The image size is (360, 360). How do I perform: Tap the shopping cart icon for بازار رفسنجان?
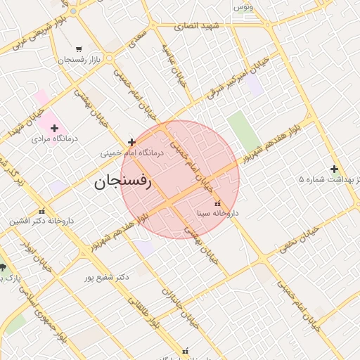tap(78, 49)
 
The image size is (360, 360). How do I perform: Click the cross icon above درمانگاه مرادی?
tap(54, 128)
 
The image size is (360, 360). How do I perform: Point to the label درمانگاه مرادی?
tap(55, 139)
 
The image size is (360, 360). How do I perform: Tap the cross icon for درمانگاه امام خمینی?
tap(131, 143)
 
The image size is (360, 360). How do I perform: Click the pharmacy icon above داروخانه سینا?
tap(216, 203)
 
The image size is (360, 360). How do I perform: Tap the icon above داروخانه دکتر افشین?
tap(42, 211)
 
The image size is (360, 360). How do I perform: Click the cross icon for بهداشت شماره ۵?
tap(334, 169)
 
